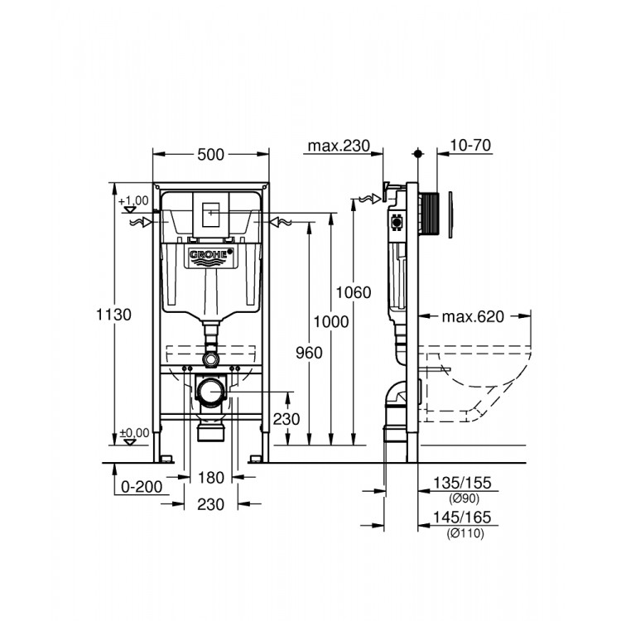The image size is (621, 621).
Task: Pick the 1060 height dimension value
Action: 354,292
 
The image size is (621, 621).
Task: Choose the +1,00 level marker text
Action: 133,200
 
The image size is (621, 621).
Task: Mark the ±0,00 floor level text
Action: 132,432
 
